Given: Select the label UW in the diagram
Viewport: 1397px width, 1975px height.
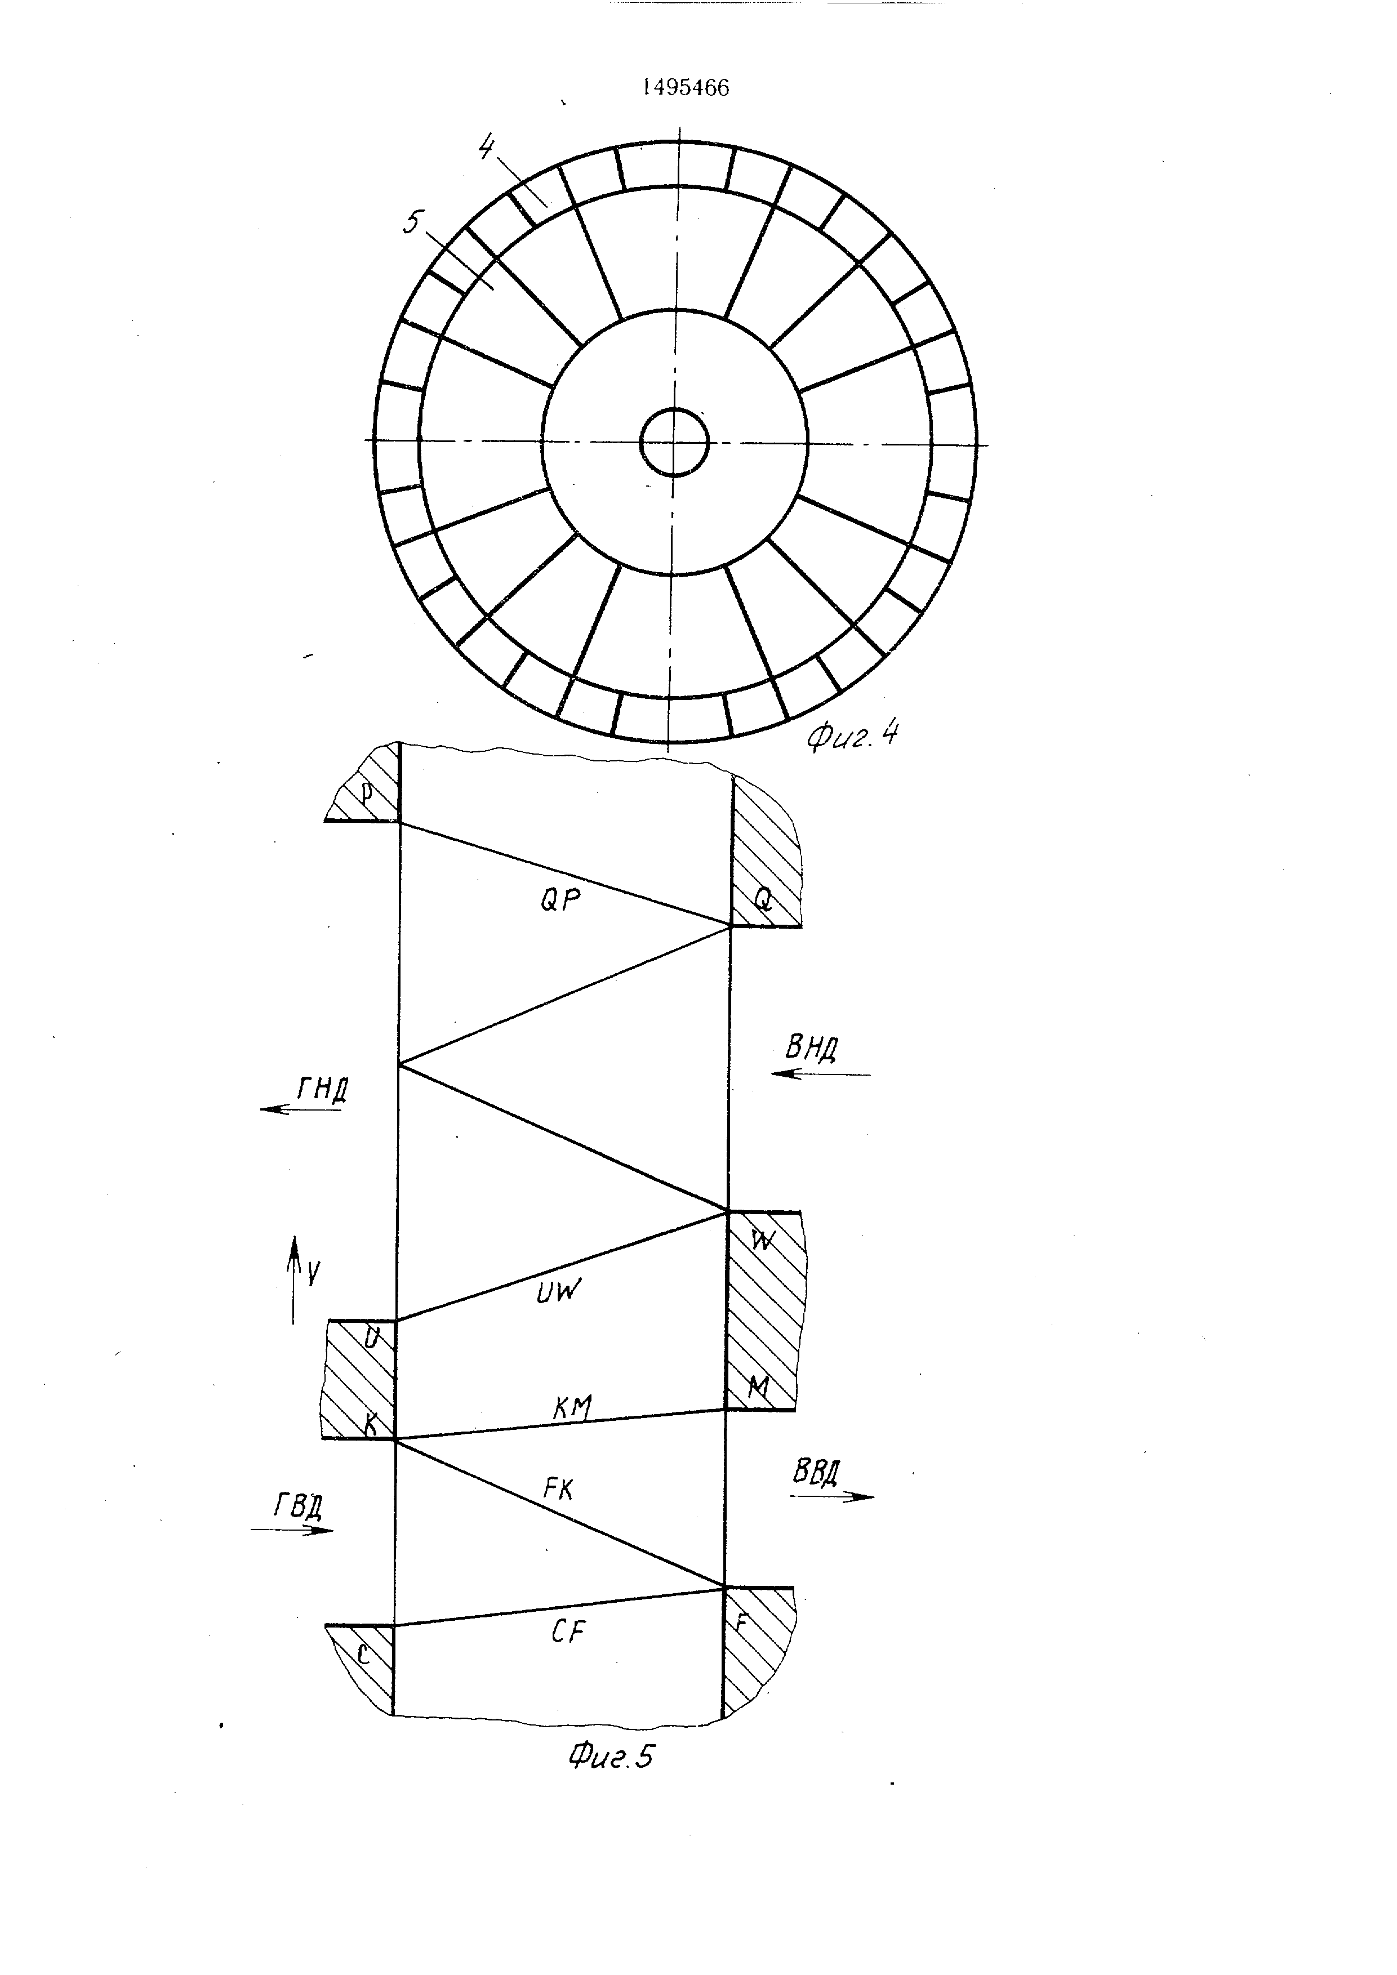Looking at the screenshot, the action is point(559,1290).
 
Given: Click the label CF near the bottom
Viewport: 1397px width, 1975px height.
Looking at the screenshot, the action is point(568,1631).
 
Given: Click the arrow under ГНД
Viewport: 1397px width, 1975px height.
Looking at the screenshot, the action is point(301,1109).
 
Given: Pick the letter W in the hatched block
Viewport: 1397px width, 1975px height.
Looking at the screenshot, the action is point(762,1240).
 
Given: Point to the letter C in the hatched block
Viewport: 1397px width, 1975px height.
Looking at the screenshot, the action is point(363,1656).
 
